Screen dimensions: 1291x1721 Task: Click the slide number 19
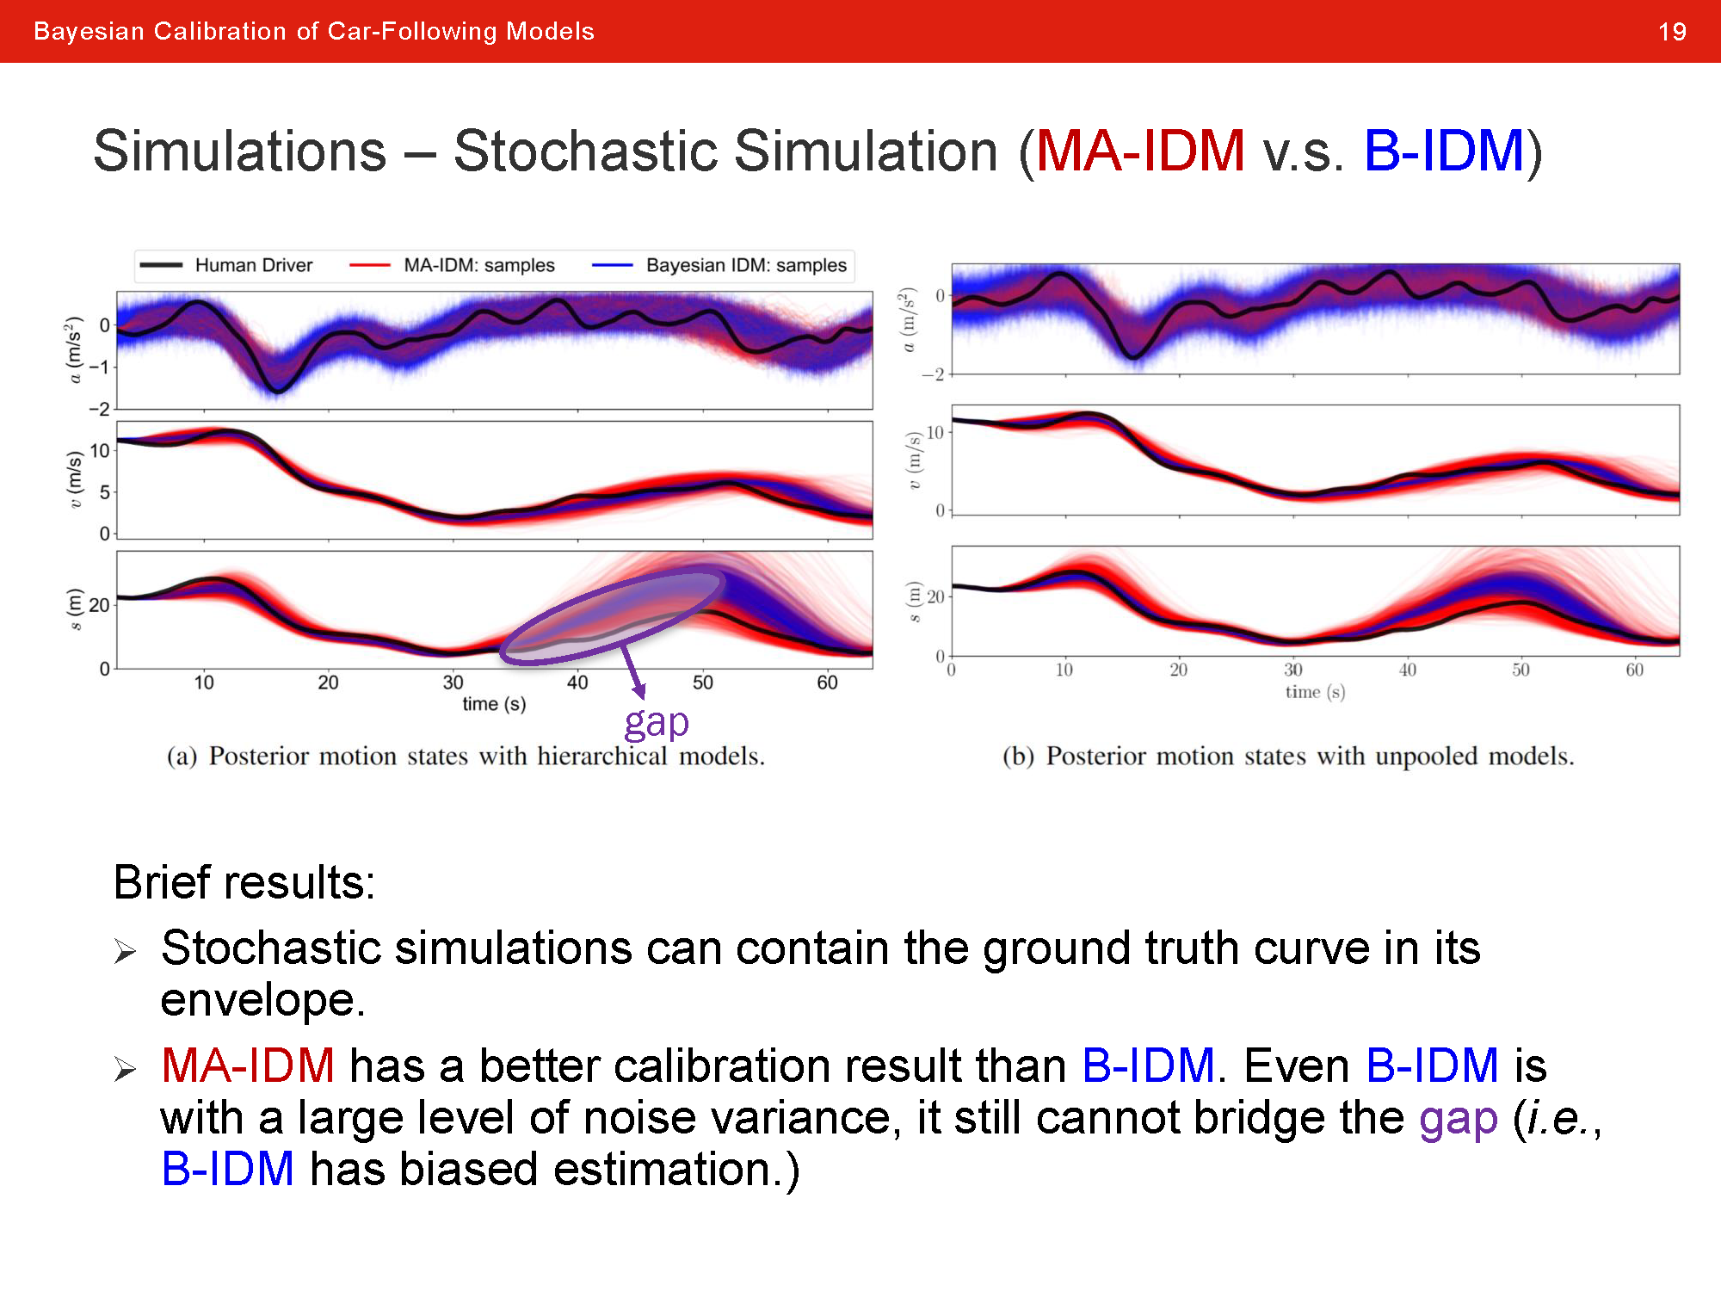pyautogui.click(x=1671, y=32)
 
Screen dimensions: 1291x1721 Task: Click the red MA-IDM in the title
pyautogui.click(x=1140, y=151)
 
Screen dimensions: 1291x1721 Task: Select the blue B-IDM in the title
pyautogui.click(x=1444, y=151)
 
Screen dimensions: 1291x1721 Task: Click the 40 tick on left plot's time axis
pyautogui.click(x=577, y=683)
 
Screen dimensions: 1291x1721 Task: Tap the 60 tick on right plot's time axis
pyautogui.click(x=1634, y=670)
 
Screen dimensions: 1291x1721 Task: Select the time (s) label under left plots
pyautogui.click(x=494, y=704)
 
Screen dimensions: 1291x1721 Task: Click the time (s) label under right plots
pyautogui.click(x=1315, y=692)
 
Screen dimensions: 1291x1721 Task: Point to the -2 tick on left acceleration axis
pyautogui.click(x=101, y=409)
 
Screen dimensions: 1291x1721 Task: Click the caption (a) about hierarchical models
pyautogui.click(x=466, y=756)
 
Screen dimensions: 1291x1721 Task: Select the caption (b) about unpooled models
pyautogui.click(x=1288, y=756)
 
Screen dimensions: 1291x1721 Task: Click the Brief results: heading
pyautogui.click(x=244, y=882)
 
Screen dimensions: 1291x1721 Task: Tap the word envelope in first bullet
pyautogui.click(x=262, y=1000)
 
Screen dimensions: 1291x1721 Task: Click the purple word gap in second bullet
pyautogui.click(x=1458, y=1119)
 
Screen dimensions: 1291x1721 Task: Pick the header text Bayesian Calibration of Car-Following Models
pyautogui.click(x=314, y=32)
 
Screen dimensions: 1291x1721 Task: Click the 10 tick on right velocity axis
pyautogui.click(x=935, y=432)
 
